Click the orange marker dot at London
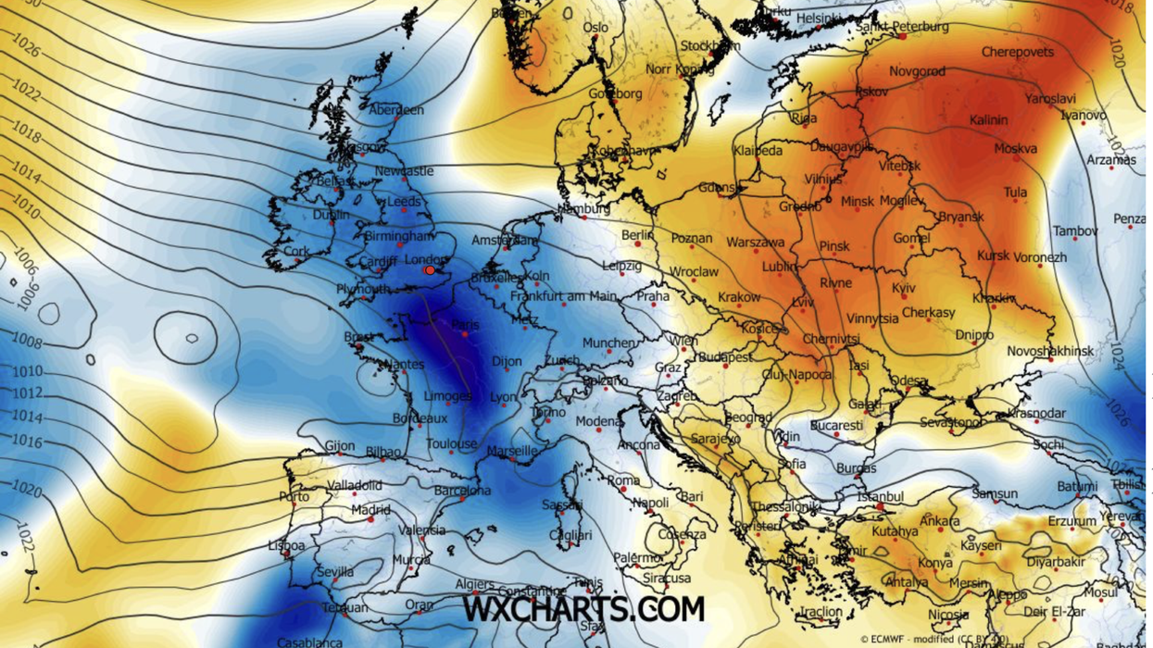[430, 269]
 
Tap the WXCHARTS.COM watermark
[583, 609]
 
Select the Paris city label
[465, 325]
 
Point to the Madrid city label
[370, 510]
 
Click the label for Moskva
[1015, 148]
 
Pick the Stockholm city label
[710, 45]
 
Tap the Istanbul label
[880, 497]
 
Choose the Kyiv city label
[904, 289]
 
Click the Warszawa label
[756, 243]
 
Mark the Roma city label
[623, 480]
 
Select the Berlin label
[637, 236]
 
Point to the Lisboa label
[286, 546]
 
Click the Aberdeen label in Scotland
[396, 109]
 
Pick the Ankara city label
[940, 521]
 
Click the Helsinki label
[818, 18]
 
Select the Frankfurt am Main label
[563, 296]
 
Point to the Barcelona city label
[462, 491]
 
